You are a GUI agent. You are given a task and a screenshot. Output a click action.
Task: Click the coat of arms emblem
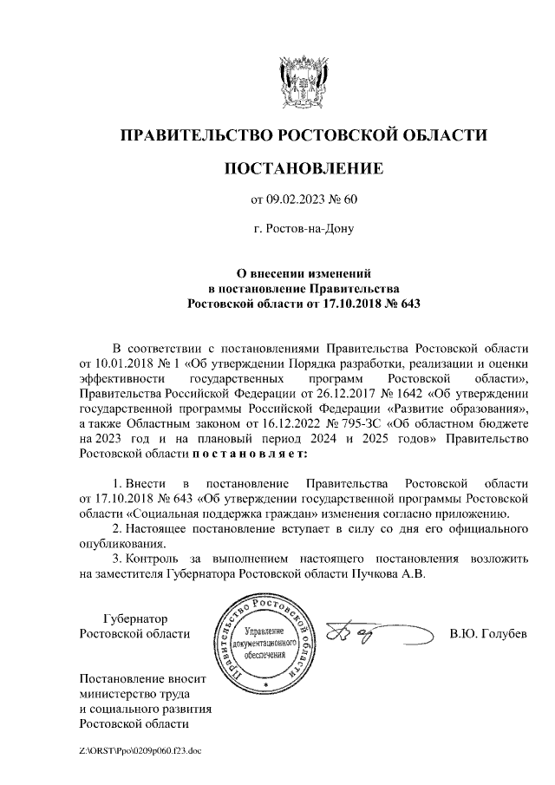[x=303, y=83]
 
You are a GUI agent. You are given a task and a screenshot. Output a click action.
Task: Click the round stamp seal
[x=268, y=639]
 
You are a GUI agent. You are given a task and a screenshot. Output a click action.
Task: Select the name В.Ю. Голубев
[x=488, y=634]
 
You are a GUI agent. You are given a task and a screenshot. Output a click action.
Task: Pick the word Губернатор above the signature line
[x=134, y=618]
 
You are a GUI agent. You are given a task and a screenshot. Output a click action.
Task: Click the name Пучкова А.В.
[x=389, y=574]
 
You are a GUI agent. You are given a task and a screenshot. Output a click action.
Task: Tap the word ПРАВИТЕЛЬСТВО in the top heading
[x=194, y=135]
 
